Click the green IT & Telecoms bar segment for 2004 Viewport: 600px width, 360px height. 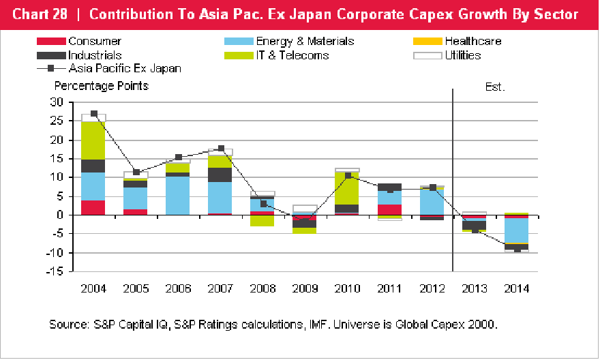pyautogui.click(x=93, y=140)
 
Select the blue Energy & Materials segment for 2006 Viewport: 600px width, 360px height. pyautogui.click(x=178, y=196)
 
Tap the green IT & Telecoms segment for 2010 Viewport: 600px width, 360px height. pyautogui.click(x=347, y=187)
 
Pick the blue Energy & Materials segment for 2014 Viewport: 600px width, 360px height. pyautogui.click(x=516, y=230)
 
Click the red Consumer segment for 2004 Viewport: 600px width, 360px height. pyautogui.click(x=93, y=207)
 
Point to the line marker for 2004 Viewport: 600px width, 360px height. pyautogui.click(x=93, y=114)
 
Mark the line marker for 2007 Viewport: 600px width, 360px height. pyautogui.click(x=221, y=148)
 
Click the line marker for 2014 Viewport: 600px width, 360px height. pyautogui.click(x=516, y=250)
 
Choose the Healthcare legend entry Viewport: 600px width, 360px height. pyautogui.click(x=473, y=42)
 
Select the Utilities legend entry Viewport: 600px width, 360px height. pyautogui.click(x=463, y=55)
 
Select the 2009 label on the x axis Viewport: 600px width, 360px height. pyautogui.click(x=305, y=288)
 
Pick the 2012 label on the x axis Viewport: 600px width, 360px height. pyautogui.click(x=432, y=288)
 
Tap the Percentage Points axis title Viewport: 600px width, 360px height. pyautogui.click(x=102, y=86)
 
